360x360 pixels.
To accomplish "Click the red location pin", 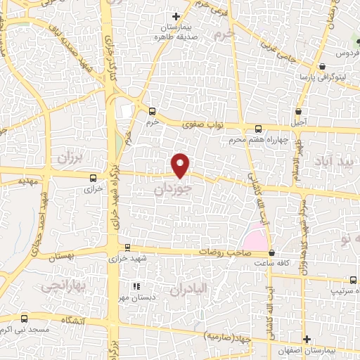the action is click(x=181, y=165).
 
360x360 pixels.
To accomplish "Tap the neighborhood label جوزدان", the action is click(x=172, y=190).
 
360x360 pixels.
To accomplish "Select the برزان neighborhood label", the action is click(x=70, y=158).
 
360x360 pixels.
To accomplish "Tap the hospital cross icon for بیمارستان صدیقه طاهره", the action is click(x=176, y=15).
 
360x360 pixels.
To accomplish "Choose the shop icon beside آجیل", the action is click(x=300, y=111).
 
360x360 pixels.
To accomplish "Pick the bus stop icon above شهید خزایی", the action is click(x=127, y=247).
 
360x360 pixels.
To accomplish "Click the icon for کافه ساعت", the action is click(x=272, y=252).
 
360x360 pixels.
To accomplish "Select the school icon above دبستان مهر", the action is click(x=139, y=285).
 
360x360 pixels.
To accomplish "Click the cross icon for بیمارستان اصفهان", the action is click(x=307, y=339).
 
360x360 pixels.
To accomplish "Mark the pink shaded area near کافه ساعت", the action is click(x=257, y=239).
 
